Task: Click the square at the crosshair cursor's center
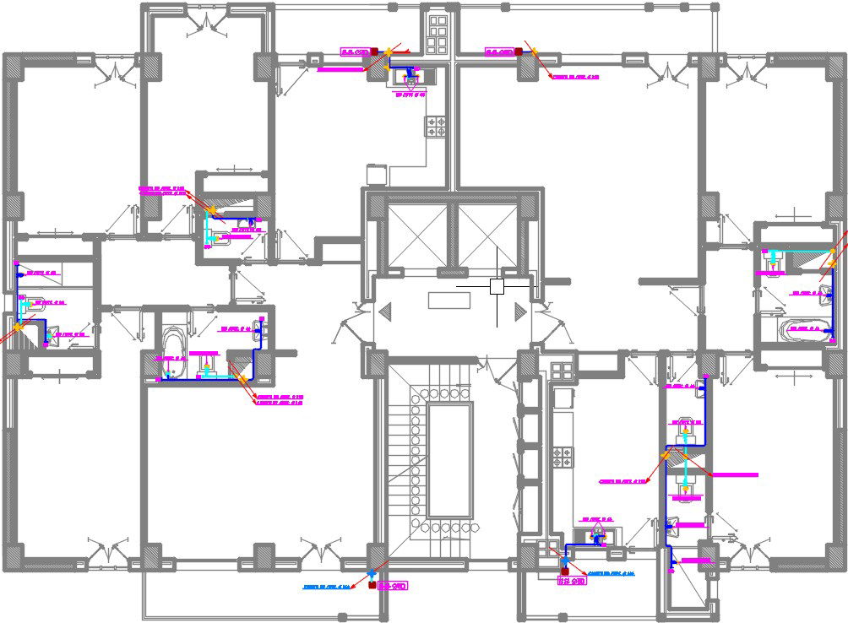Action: coord(497,287)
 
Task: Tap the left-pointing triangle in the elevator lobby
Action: coord(386,311)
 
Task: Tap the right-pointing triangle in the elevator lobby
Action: coord(519,311)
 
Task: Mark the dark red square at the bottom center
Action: coord(372,583)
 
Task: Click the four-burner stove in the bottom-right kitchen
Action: coord(562,457)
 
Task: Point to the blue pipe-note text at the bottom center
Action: coord(327,587)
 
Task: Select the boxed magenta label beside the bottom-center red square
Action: coord(394,584)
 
